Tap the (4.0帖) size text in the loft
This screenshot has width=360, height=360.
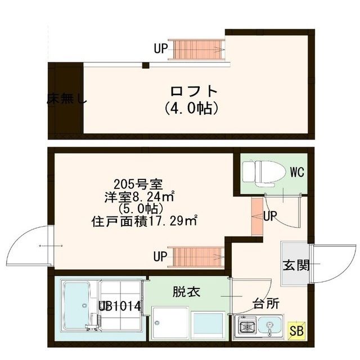pyautogui.click(x=192, y=107)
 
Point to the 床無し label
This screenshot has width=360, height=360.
pyautogui.click(x=66, y=101)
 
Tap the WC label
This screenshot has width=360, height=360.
pyautogui.click(x=297, y=173)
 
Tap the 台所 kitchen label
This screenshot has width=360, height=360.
pyautogui.click(x=265, y=304)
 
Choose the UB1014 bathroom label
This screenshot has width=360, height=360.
pyautogui.click(x=123, y=307)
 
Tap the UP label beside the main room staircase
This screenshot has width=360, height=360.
pyautogui.click(x=160, y=257)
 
